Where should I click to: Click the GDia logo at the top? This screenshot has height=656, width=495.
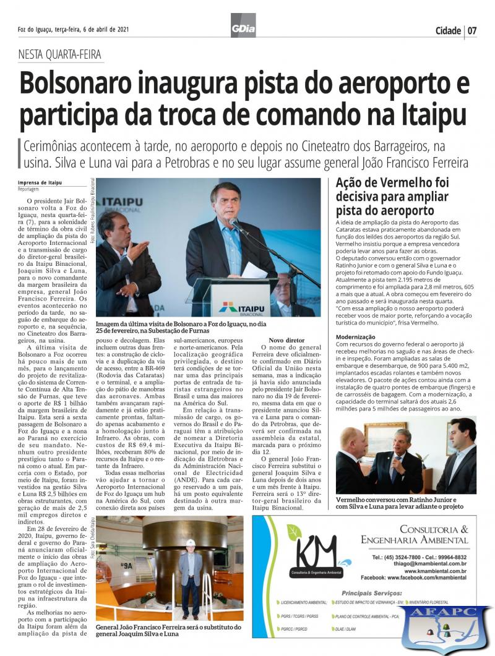[243, 25]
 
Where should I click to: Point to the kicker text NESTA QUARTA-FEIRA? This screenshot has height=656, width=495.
[60, 54]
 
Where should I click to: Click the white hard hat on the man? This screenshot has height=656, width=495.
[191, 542]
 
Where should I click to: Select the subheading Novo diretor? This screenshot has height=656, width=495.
[286, 340]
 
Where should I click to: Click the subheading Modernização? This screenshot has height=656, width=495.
[356, 336]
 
